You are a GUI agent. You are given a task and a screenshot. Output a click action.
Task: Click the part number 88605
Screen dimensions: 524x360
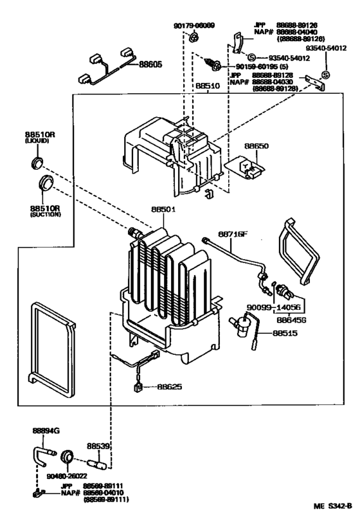coord(152,66)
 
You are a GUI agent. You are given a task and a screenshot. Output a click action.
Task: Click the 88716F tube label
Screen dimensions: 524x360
coord(233,235)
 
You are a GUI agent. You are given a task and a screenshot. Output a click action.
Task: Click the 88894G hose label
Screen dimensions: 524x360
coord(46,431)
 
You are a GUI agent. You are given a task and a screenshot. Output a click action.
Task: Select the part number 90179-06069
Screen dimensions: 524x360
coord(194,25)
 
